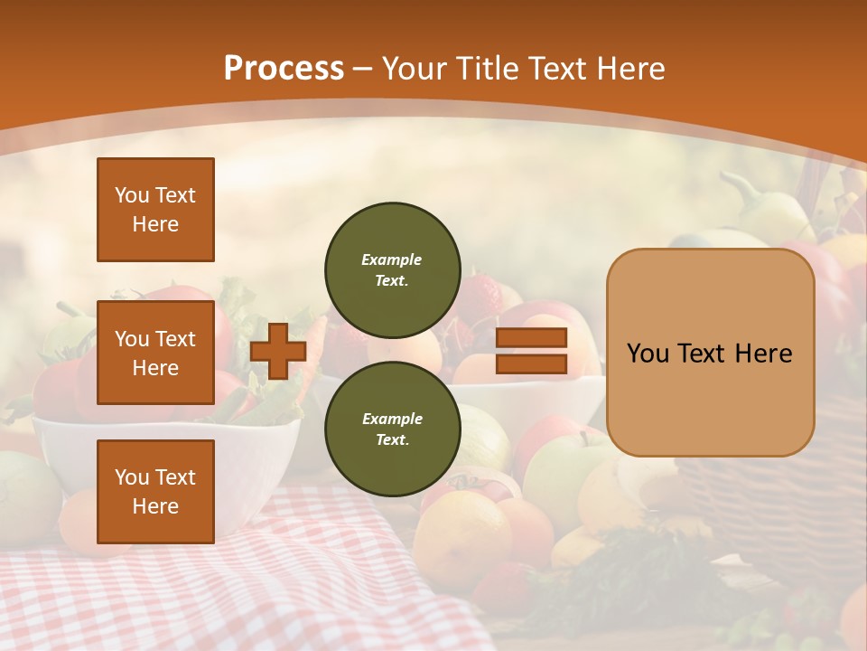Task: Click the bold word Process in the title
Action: pos(284,69)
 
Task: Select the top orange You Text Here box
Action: pos(155,210)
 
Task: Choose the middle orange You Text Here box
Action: pos(155,353)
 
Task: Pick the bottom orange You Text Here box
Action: pos(155,491)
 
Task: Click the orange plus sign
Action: pos(278,351)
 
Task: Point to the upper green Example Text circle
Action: pos(392,269)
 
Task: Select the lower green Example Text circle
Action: pos(392,429)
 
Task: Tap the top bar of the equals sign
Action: pos(531,338)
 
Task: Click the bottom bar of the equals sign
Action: pos(531,364)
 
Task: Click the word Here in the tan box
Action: pos(763,354)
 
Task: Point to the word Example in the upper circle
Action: pos(392,259)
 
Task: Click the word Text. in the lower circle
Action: pos(392,439)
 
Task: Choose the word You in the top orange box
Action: pos(131,195)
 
